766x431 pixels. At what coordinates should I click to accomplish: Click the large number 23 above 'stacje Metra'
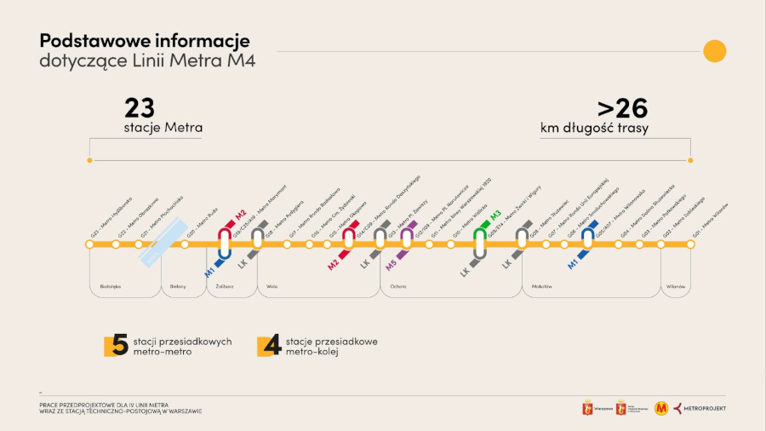[x=140, y=108]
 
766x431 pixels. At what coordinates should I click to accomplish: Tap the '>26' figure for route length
[x=622, y=108]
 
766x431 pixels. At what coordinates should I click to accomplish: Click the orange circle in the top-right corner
[x=714, y=51]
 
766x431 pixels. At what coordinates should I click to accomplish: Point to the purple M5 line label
[x=391, y=265]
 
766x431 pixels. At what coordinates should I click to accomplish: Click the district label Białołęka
[x=111, y=287]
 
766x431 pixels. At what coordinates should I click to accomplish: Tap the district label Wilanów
[x=677, y=287]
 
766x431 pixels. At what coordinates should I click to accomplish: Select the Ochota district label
[x=398, y=287]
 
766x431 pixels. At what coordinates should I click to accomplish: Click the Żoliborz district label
[x=219, y=287]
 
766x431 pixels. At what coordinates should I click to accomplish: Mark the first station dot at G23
[x=89, y=244]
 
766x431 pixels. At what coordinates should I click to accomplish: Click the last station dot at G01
[x=690, y=244]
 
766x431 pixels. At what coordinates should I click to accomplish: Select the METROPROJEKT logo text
[x=706, y=409]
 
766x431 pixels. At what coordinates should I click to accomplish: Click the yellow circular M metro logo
[x=661, y=409]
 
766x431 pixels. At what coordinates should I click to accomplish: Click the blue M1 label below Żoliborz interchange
[x=209, y=271]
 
